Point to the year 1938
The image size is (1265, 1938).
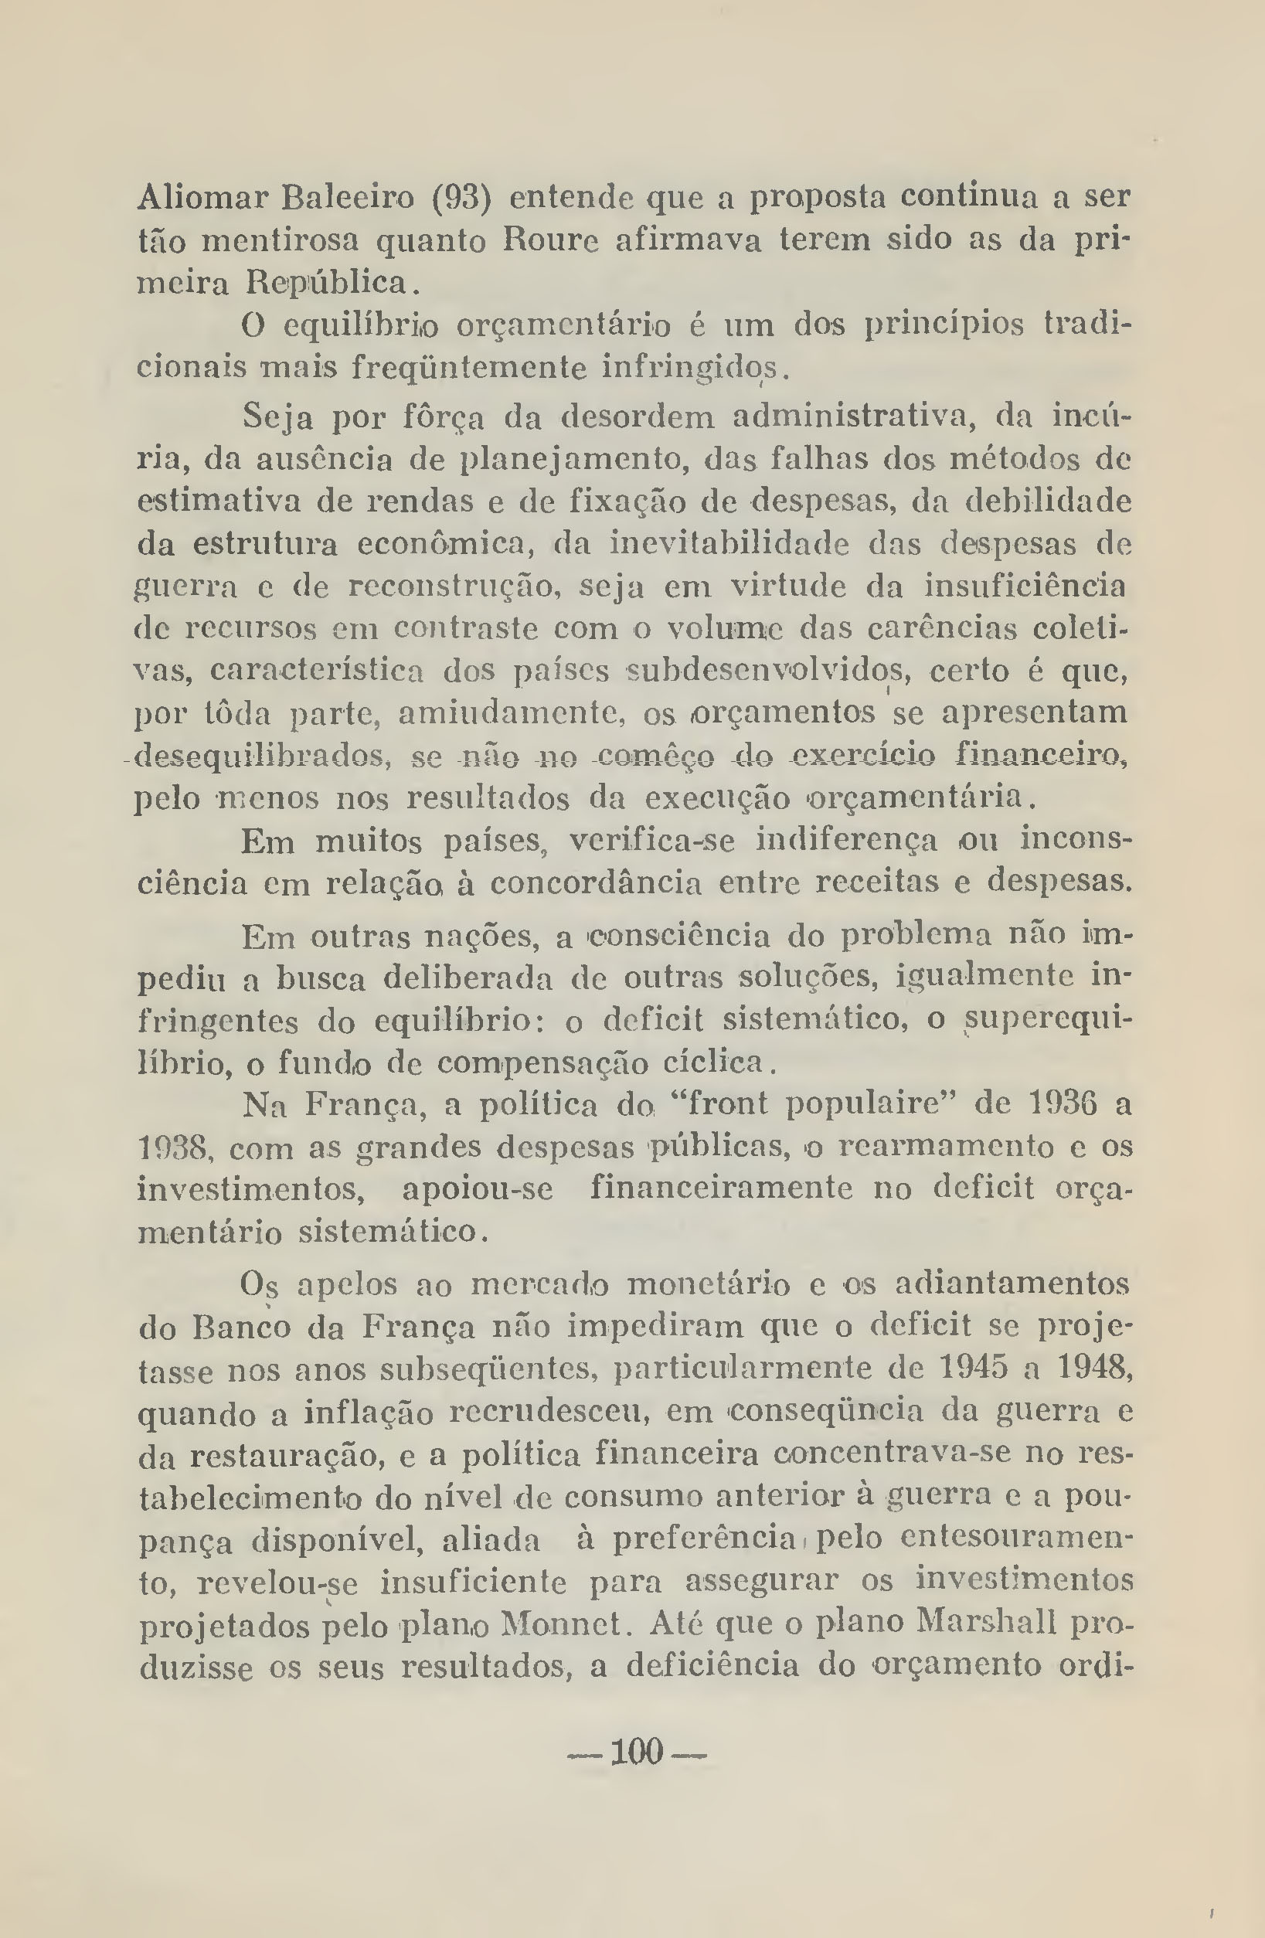tap(175, 1148)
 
